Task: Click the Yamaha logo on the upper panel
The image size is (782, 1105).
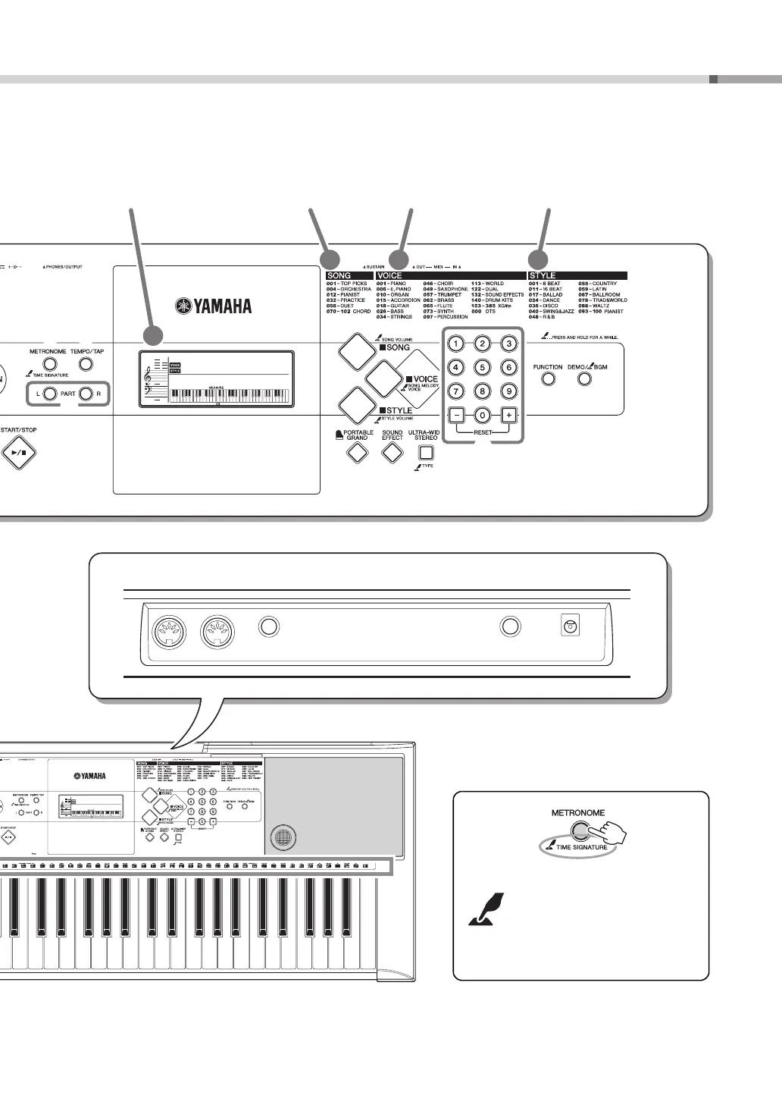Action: coord(214,306)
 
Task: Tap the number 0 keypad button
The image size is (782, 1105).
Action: coord(482,415)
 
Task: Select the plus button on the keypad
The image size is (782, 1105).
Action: coord(508,415)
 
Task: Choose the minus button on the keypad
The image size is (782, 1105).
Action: coord(455,415)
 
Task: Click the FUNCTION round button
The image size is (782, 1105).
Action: coord(547,378)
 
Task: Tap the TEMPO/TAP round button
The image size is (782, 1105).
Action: coord(86,364)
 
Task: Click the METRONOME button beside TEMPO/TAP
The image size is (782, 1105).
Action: coord(48,364)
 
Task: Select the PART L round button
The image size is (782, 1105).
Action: coord(49,394)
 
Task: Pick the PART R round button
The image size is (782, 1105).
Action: coord(86,394)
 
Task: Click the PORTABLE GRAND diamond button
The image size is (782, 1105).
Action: coord(357,453)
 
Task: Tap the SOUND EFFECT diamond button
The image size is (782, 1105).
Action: coord(392,453)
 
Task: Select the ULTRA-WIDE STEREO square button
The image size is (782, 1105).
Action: coord(426,453)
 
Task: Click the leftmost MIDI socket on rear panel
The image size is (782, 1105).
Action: coord(169,631)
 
